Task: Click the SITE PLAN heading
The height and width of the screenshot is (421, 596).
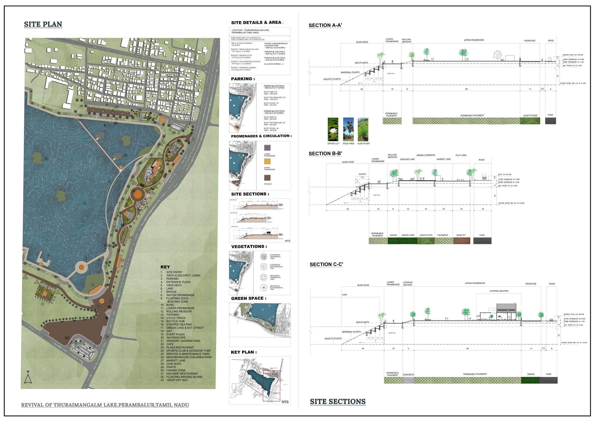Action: [43, 24]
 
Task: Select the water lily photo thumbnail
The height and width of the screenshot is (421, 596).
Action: [333, 129]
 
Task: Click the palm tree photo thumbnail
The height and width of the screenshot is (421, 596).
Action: [348, 129]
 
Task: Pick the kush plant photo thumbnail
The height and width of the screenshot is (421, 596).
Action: [363, 129]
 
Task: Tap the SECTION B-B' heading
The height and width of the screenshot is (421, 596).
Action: [325, 154]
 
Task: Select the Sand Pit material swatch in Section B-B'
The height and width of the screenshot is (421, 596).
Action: [461, 241]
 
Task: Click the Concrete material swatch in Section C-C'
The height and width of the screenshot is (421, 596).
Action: [408, 380]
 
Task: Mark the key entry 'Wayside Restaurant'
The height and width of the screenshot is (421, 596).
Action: [182, 373]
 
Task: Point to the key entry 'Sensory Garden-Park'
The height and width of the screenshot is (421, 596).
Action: [183, 341]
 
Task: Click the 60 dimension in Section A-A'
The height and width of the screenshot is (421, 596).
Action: [466, 89]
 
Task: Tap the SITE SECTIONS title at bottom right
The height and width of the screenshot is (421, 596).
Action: [338, 402]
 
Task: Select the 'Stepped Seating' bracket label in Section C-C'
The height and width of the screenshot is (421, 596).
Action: [499, 291]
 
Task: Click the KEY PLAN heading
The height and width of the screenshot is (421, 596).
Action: [244, 352]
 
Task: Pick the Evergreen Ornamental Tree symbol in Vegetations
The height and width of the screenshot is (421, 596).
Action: [264, 257]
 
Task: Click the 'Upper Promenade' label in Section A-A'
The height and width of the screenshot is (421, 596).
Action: [474, 40]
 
